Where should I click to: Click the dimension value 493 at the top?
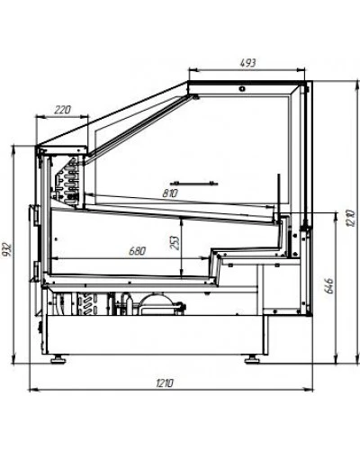(x=248, y=63)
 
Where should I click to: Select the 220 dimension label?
(x=62, y=110)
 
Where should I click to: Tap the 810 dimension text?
(x=170, y=193)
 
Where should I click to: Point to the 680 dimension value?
(x=137, y=251)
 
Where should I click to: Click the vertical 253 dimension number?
(x=175, y=243)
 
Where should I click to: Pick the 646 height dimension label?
(x=328, y=285)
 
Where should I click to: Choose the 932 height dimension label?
(x=7, y=249)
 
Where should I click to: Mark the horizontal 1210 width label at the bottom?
(x=165, y=383)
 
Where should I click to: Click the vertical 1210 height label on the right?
(x=350, y=218)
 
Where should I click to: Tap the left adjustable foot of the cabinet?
(x=58, y=359)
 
